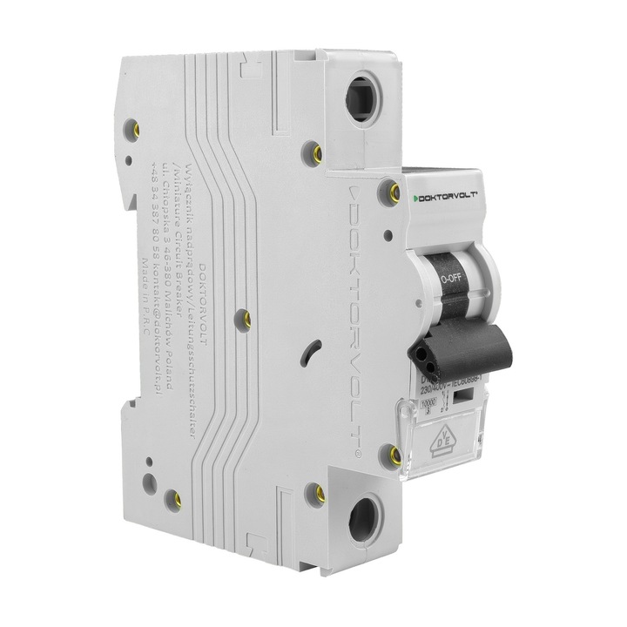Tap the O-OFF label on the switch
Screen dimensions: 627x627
(450, 280)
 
